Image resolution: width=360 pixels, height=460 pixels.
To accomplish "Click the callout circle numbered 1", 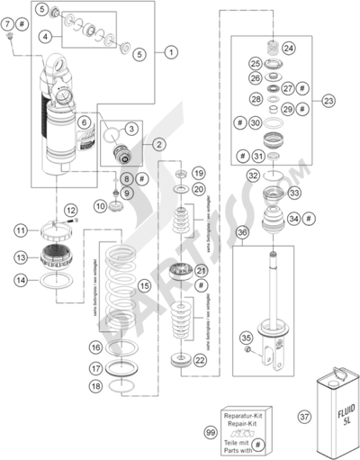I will (171, 53).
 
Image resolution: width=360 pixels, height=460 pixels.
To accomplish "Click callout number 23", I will (328, 101).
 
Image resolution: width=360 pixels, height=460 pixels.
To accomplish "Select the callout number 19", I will (200, 172).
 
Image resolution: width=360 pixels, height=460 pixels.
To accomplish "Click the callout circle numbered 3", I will (130, 129).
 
